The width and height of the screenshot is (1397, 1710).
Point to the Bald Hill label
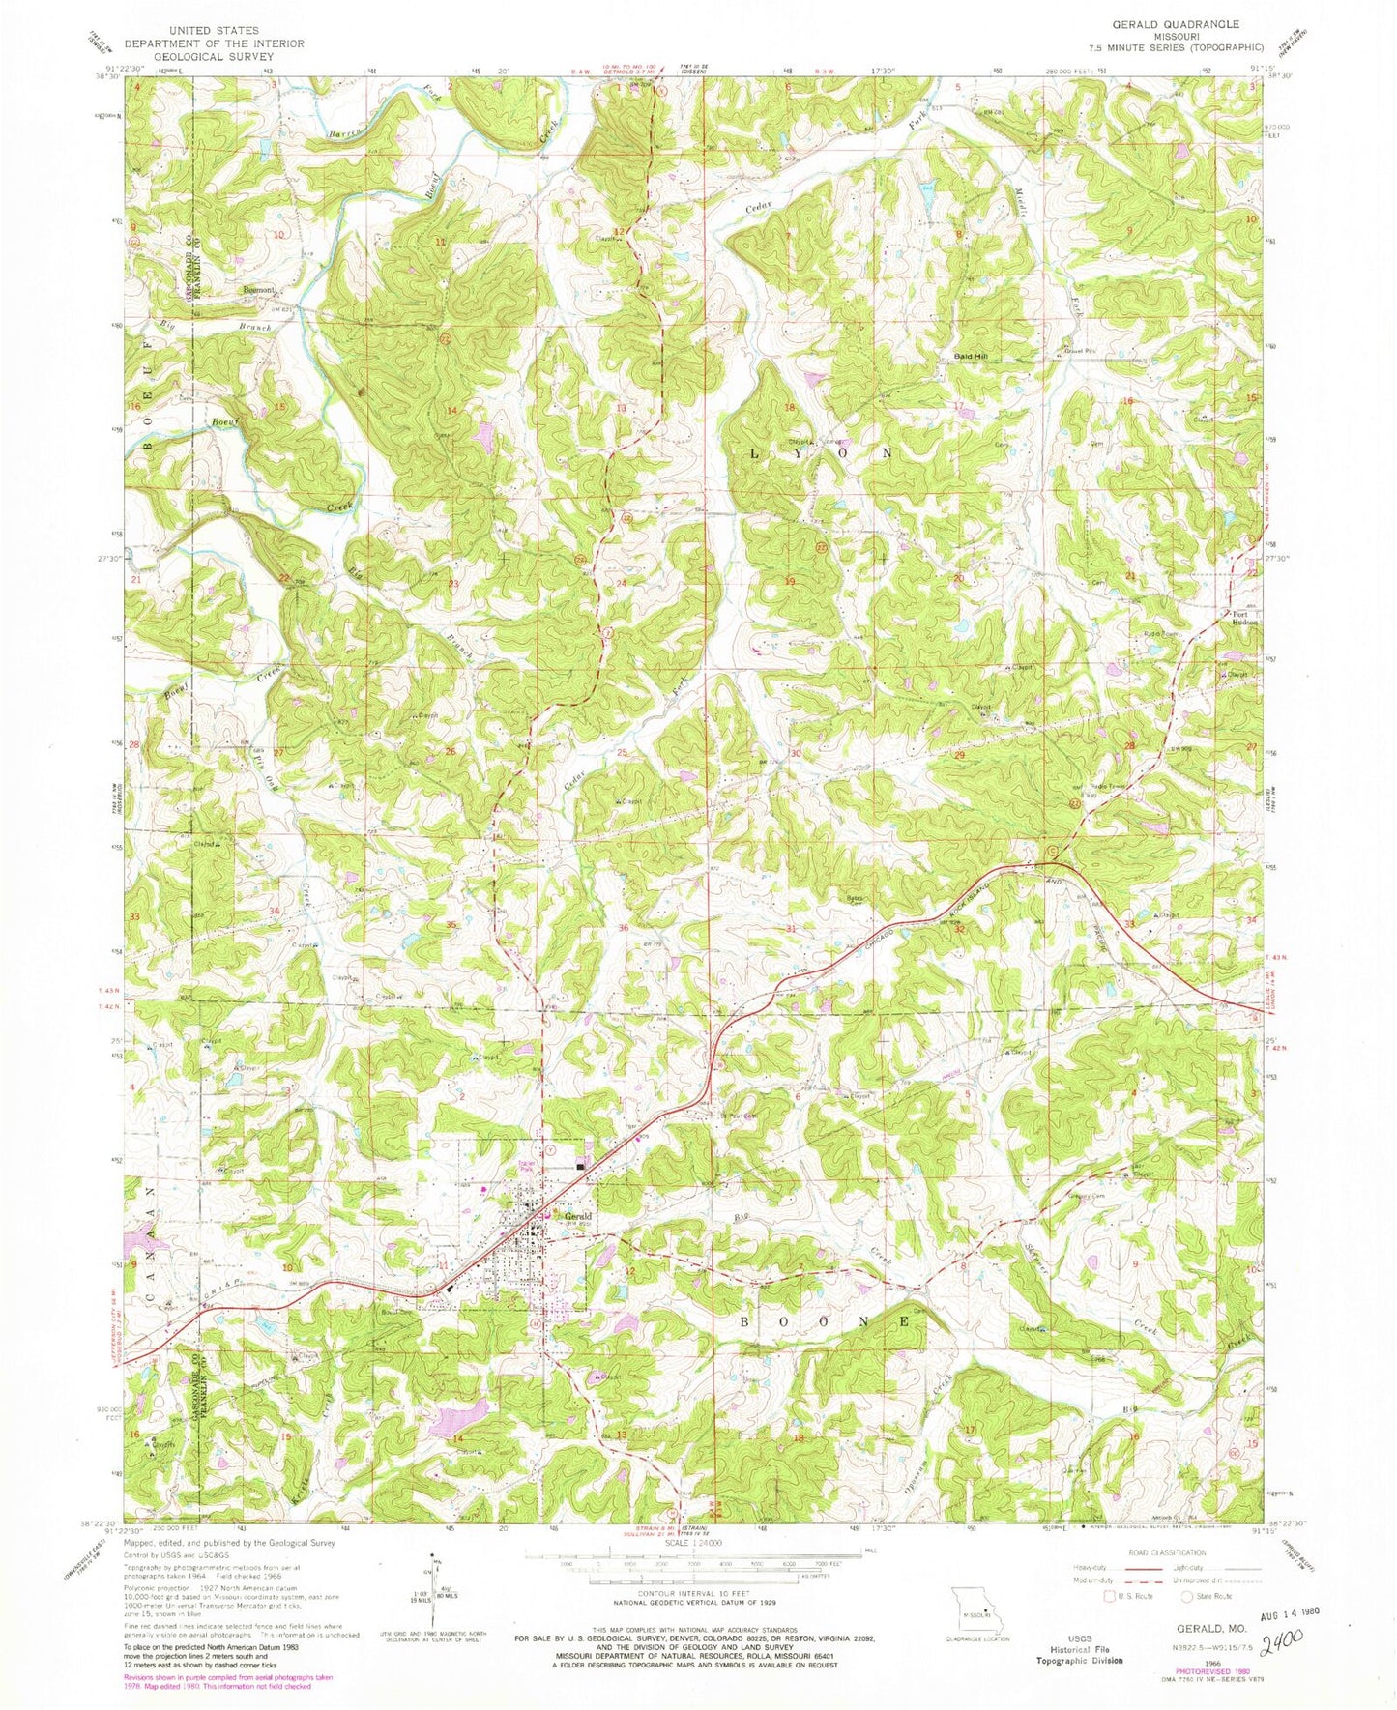(x=976, y=357)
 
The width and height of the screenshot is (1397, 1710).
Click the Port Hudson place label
(x=1245, y=619)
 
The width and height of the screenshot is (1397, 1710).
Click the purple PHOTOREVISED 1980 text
(x=1204, y=1665)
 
